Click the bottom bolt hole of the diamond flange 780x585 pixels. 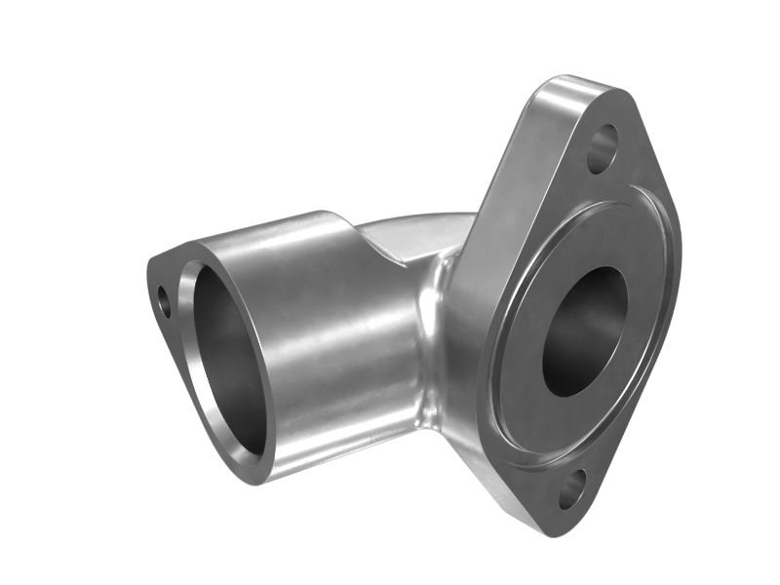(x=571, y=488)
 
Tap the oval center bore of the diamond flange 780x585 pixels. (x=585, y=331)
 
